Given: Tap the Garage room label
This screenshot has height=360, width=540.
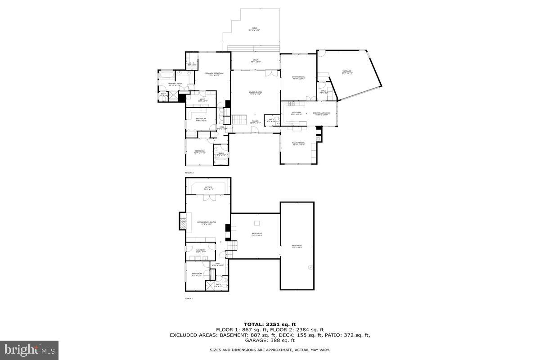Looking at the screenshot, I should (x=347, y=71).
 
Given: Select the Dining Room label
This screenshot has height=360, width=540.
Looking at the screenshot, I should (x=298, y=78).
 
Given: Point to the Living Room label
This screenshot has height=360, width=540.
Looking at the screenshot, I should (x=256, y=93).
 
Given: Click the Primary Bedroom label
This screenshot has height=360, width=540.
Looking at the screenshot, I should (x=214, y=74).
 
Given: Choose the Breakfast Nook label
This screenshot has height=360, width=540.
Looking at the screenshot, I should (x=321, y=113).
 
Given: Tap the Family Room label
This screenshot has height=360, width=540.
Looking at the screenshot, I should (x=298, y=144).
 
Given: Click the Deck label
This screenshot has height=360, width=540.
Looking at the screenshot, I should (x=255, y=61).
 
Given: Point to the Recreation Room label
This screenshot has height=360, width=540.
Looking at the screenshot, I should (x=206, y=223).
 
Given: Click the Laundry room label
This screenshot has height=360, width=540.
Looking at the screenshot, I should (x=200, y=251).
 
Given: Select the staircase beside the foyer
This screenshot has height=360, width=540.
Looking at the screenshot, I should (x=240, y=120).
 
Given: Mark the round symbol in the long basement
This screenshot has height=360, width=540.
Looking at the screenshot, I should (x=310, y=267).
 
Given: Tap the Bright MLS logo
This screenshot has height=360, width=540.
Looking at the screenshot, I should (x=29, y=350).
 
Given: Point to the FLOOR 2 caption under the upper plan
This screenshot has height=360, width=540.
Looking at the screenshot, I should (x=189, y=173).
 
